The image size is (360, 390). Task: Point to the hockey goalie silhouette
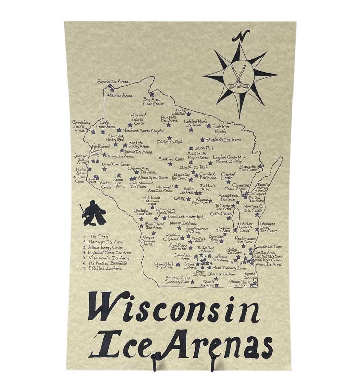[x=94, y=213]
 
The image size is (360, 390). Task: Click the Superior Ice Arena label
[x=112, y=82]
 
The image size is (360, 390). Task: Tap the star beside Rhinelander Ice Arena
[x=202, y=140]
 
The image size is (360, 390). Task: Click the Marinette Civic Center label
[x=248, y=168]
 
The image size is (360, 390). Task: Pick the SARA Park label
[x=204, y=148]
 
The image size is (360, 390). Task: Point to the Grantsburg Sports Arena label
[x=81, y=126]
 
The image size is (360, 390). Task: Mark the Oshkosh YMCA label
[x=221, y=214]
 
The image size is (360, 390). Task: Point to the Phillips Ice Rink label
[x=170, y=142]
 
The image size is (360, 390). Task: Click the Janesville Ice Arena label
[x=222, y=274]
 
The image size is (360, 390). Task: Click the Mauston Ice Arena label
[x=183, y=223]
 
